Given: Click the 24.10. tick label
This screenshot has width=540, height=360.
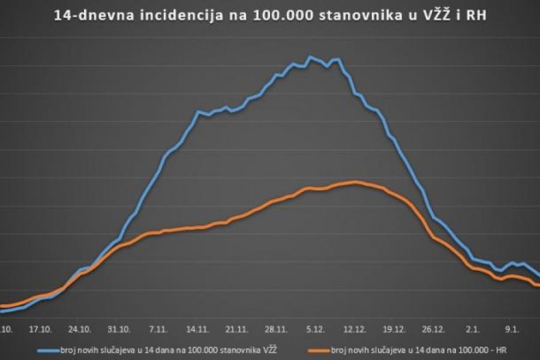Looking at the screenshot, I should tap(80, 329).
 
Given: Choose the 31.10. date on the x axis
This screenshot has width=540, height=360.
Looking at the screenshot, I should tap(119, 329).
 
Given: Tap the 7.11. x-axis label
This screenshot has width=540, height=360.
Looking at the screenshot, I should tap(158, 329).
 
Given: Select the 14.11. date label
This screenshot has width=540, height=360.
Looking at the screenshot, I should tap(197, 329).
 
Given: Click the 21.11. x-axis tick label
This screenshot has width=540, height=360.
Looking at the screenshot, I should tap(236, 329).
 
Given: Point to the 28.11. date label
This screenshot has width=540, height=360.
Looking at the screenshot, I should tap(276, 329).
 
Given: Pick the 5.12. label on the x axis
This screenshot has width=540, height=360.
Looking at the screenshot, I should tap(315, 329).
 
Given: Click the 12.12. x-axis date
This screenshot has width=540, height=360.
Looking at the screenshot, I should tap(355, 329).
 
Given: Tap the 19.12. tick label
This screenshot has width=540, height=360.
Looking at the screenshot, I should tap(394, 329).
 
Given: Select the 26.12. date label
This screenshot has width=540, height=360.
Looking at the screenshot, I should tap(433, 329).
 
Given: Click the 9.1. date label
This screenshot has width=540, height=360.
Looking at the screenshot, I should tap(512, 329).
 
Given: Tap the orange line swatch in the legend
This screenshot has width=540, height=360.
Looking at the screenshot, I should tap(317, 349).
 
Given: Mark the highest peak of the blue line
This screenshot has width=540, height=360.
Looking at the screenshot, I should tap(310, 58).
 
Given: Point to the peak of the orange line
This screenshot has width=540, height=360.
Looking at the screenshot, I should tap(355, 182).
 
